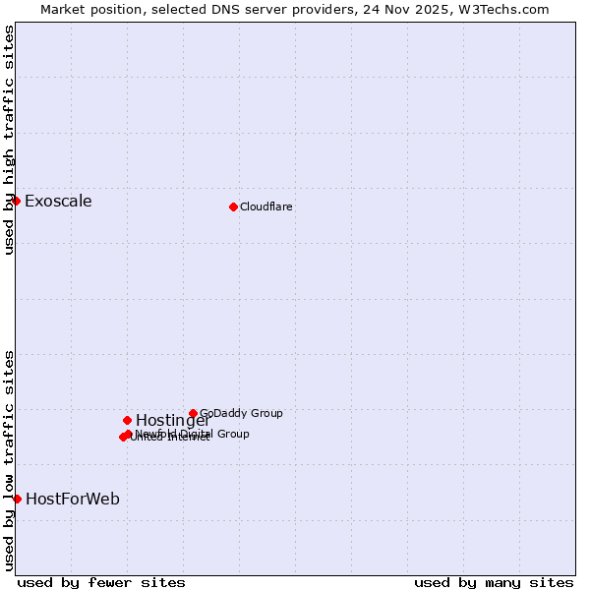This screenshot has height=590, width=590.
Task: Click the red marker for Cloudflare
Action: click(x=233, y=206)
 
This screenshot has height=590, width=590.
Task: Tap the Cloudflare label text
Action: click(x=266, y=206)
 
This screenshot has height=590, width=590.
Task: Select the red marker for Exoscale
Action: click(x=16, y=201)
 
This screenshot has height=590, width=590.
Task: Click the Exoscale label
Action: click(x=58, y=202)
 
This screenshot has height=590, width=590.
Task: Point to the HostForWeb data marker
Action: click(x=17, y=499)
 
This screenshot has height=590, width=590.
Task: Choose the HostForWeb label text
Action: click(x=73, y=500)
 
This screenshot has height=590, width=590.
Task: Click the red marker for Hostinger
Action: click(x=127, y=420)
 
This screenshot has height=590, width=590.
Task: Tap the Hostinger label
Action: click(x=173, y=421)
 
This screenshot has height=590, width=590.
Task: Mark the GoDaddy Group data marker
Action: click(x=193, y=414)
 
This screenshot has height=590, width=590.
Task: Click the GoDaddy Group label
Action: click(x=241, y=413)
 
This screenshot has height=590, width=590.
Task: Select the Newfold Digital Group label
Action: click(x=193, y=434)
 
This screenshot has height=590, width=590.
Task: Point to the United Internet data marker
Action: click(x=123, y=438)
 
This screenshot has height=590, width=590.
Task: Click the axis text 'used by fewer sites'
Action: click(x=101, y=582)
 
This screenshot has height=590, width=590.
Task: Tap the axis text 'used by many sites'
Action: click(x=494, y=582)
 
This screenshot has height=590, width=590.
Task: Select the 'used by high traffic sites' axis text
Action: click(x=9, y=140)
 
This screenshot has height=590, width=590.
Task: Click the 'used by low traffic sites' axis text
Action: click(x=9, y=459)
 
